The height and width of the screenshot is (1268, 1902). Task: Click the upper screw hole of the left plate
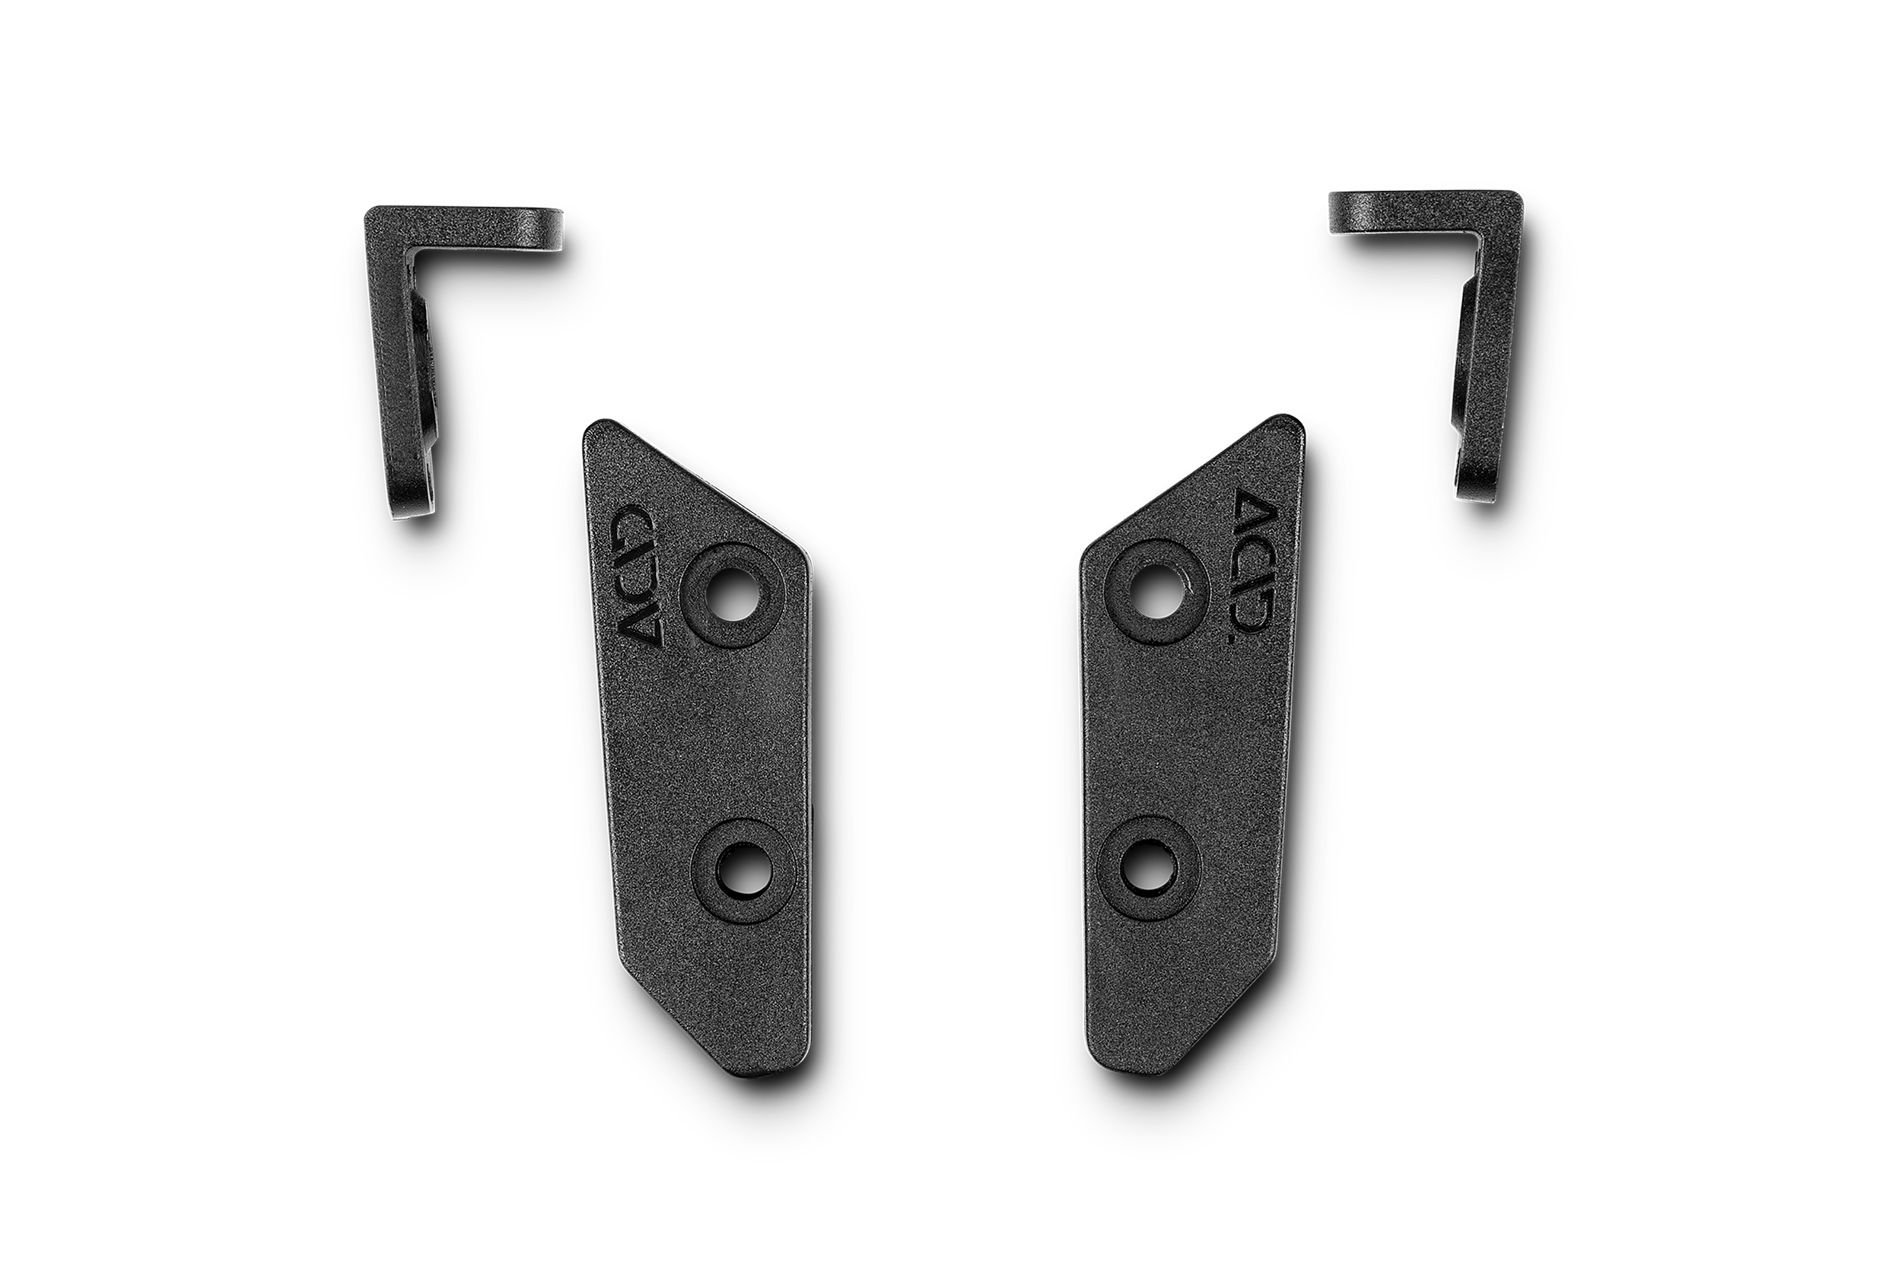pos(733,596)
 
